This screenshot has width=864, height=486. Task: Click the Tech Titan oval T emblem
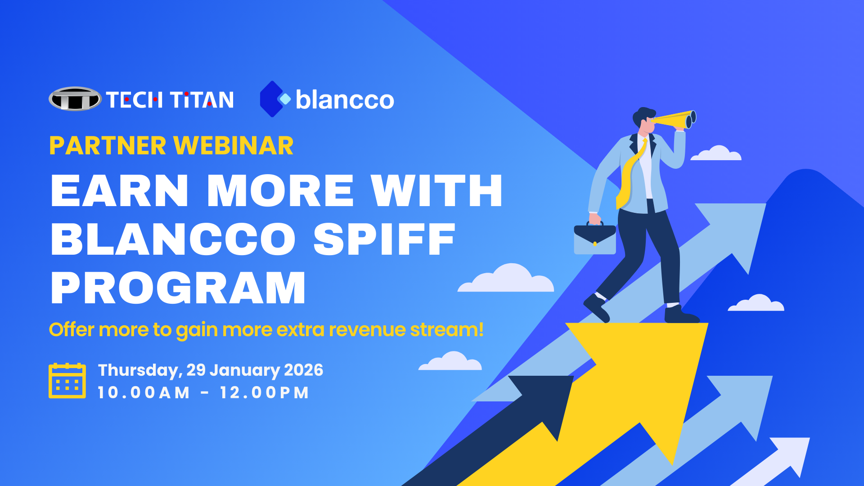click(75, 99)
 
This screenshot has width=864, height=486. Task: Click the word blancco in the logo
click(345, 99)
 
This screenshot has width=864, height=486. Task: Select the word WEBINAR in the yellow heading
click(234, 145)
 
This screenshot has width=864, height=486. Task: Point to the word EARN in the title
click(120, 191)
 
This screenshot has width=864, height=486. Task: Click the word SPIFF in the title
click(385, 239)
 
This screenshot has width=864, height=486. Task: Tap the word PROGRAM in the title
click(178, 288)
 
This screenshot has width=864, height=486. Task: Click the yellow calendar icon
click(67, 381)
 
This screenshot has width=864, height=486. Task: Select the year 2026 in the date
click(304, 370)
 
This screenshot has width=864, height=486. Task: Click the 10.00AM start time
click(144, 392)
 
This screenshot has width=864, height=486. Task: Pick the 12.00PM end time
click(264, 392)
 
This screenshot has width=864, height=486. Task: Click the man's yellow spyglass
click(674, 120)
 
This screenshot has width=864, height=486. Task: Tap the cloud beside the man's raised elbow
click(716, 153)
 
